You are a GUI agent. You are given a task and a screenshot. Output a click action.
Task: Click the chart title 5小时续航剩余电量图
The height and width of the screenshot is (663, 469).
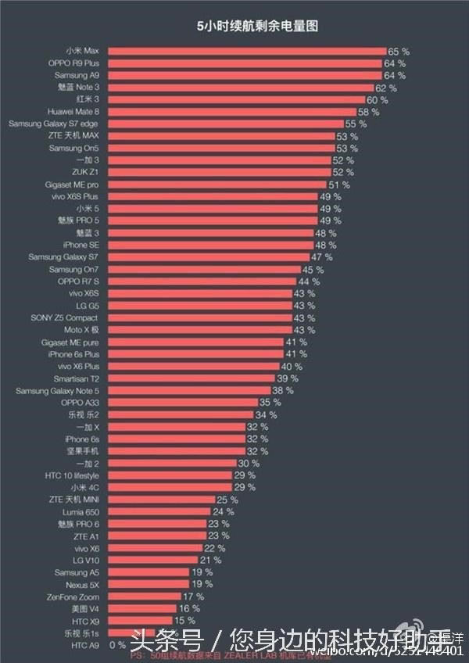coord(258,27)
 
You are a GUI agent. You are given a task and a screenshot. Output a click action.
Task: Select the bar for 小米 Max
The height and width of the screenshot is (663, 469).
coord(246,51)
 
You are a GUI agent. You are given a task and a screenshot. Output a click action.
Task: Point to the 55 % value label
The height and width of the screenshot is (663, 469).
coord(356,124)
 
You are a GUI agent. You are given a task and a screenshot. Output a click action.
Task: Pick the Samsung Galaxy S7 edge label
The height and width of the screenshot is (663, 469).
coord(54,124)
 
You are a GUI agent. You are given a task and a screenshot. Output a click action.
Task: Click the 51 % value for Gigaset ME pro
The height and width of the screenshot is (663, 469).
coord(339,185)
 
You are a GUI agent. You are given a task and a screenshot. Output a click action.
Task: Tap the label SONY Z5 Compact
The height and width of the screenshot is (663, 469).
coord(65,318)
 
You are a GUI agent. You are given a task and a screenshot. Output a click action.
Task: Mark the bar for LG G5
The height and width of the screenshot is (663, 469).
coord(199,306)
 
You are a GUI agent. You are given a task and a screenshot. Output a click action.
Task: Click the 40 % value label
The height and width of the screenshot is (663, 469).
coord(292,367)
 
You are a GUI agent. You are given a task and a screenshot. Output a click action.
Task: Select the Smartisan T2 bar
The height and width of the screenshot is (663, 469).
coord(191,378)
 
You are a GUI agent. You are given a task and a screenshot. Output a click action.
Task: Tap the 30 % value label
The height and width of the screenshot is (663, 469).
coord(249,464)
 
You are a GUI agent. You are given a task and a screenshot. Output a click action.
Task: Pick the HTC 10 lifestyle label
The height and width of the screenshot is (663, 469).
coord(72,475)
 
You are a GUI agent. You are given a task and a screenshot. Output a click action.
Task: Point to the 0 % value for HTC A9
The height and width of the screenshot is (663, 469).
coord(118,646)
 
